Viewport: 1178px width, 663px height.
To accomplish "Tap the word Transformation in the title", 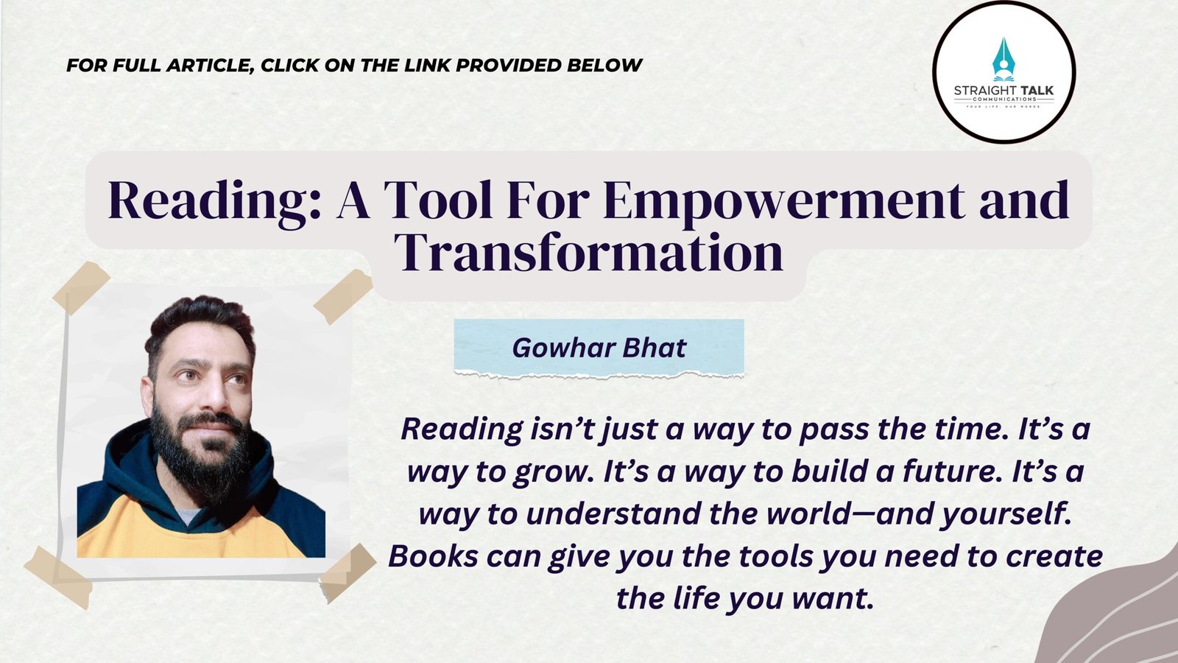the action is [x=590, y=253].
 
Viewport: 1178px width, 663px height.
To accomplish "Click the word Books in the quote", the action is [x=434, y=557].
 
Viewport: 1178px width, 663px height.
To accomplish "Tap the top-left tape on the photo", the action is [x=81, y=287].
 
